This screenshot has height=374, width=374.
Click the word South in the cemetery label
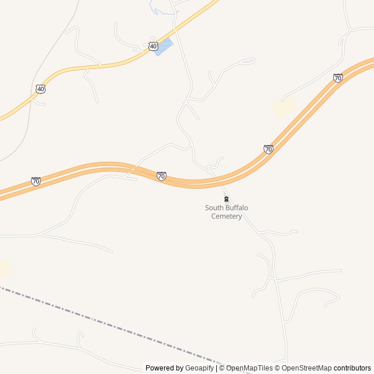point(213,208)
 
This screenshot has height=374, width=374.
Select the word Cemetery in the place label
point(226,216)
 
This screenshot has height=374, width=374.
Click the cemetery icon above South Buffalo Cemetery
point(227,199)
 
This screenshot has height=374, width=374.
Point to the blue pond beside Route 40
point(164,46)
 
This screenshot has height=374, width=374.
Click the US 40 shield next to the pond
point(153,46)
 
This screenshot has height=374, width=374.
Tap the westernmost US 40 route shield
point(40,89)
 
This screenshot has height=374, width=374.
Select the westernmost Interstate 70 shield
point(36,181)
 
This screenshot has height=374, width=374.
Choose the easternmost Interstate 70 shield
point(338,78)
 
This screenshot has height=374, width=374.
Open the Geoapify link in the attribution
point(199,368)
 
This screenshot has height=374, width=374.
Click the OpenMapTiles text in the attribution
point(249,368)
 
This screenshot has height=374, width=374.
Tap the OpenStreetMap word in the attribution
point(306,368)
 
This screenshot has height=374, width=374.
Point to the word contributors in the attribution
point(352,368)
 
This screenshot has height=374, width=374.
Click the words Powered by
point(164,368)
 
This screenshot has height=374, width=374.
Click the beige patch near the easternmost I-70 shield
point(285,107)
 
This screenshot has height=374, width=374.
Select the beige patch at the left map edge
point(4,268)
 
